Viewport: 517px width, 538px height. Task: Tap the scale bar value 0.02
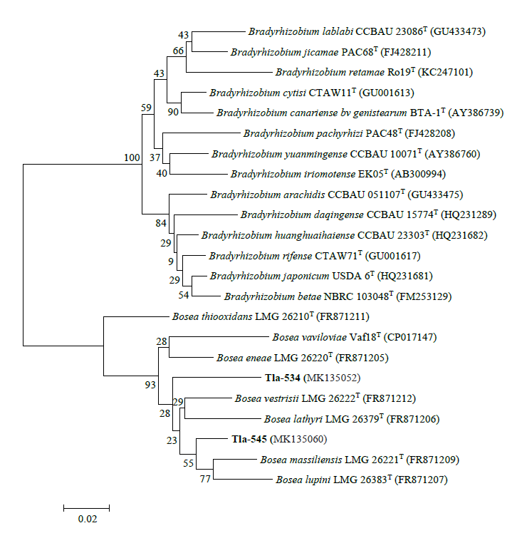[x=87, y=518]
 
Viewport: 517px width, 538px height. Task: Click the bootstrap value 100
[x=132, y=157]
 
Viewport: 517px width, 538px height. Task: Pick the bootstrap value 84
[x=161, y=224]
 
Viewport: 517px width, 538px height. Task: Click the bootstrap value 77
[x=205, y=479]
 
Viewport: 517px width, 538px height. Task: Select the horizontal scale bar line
[x=86, y=507]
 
